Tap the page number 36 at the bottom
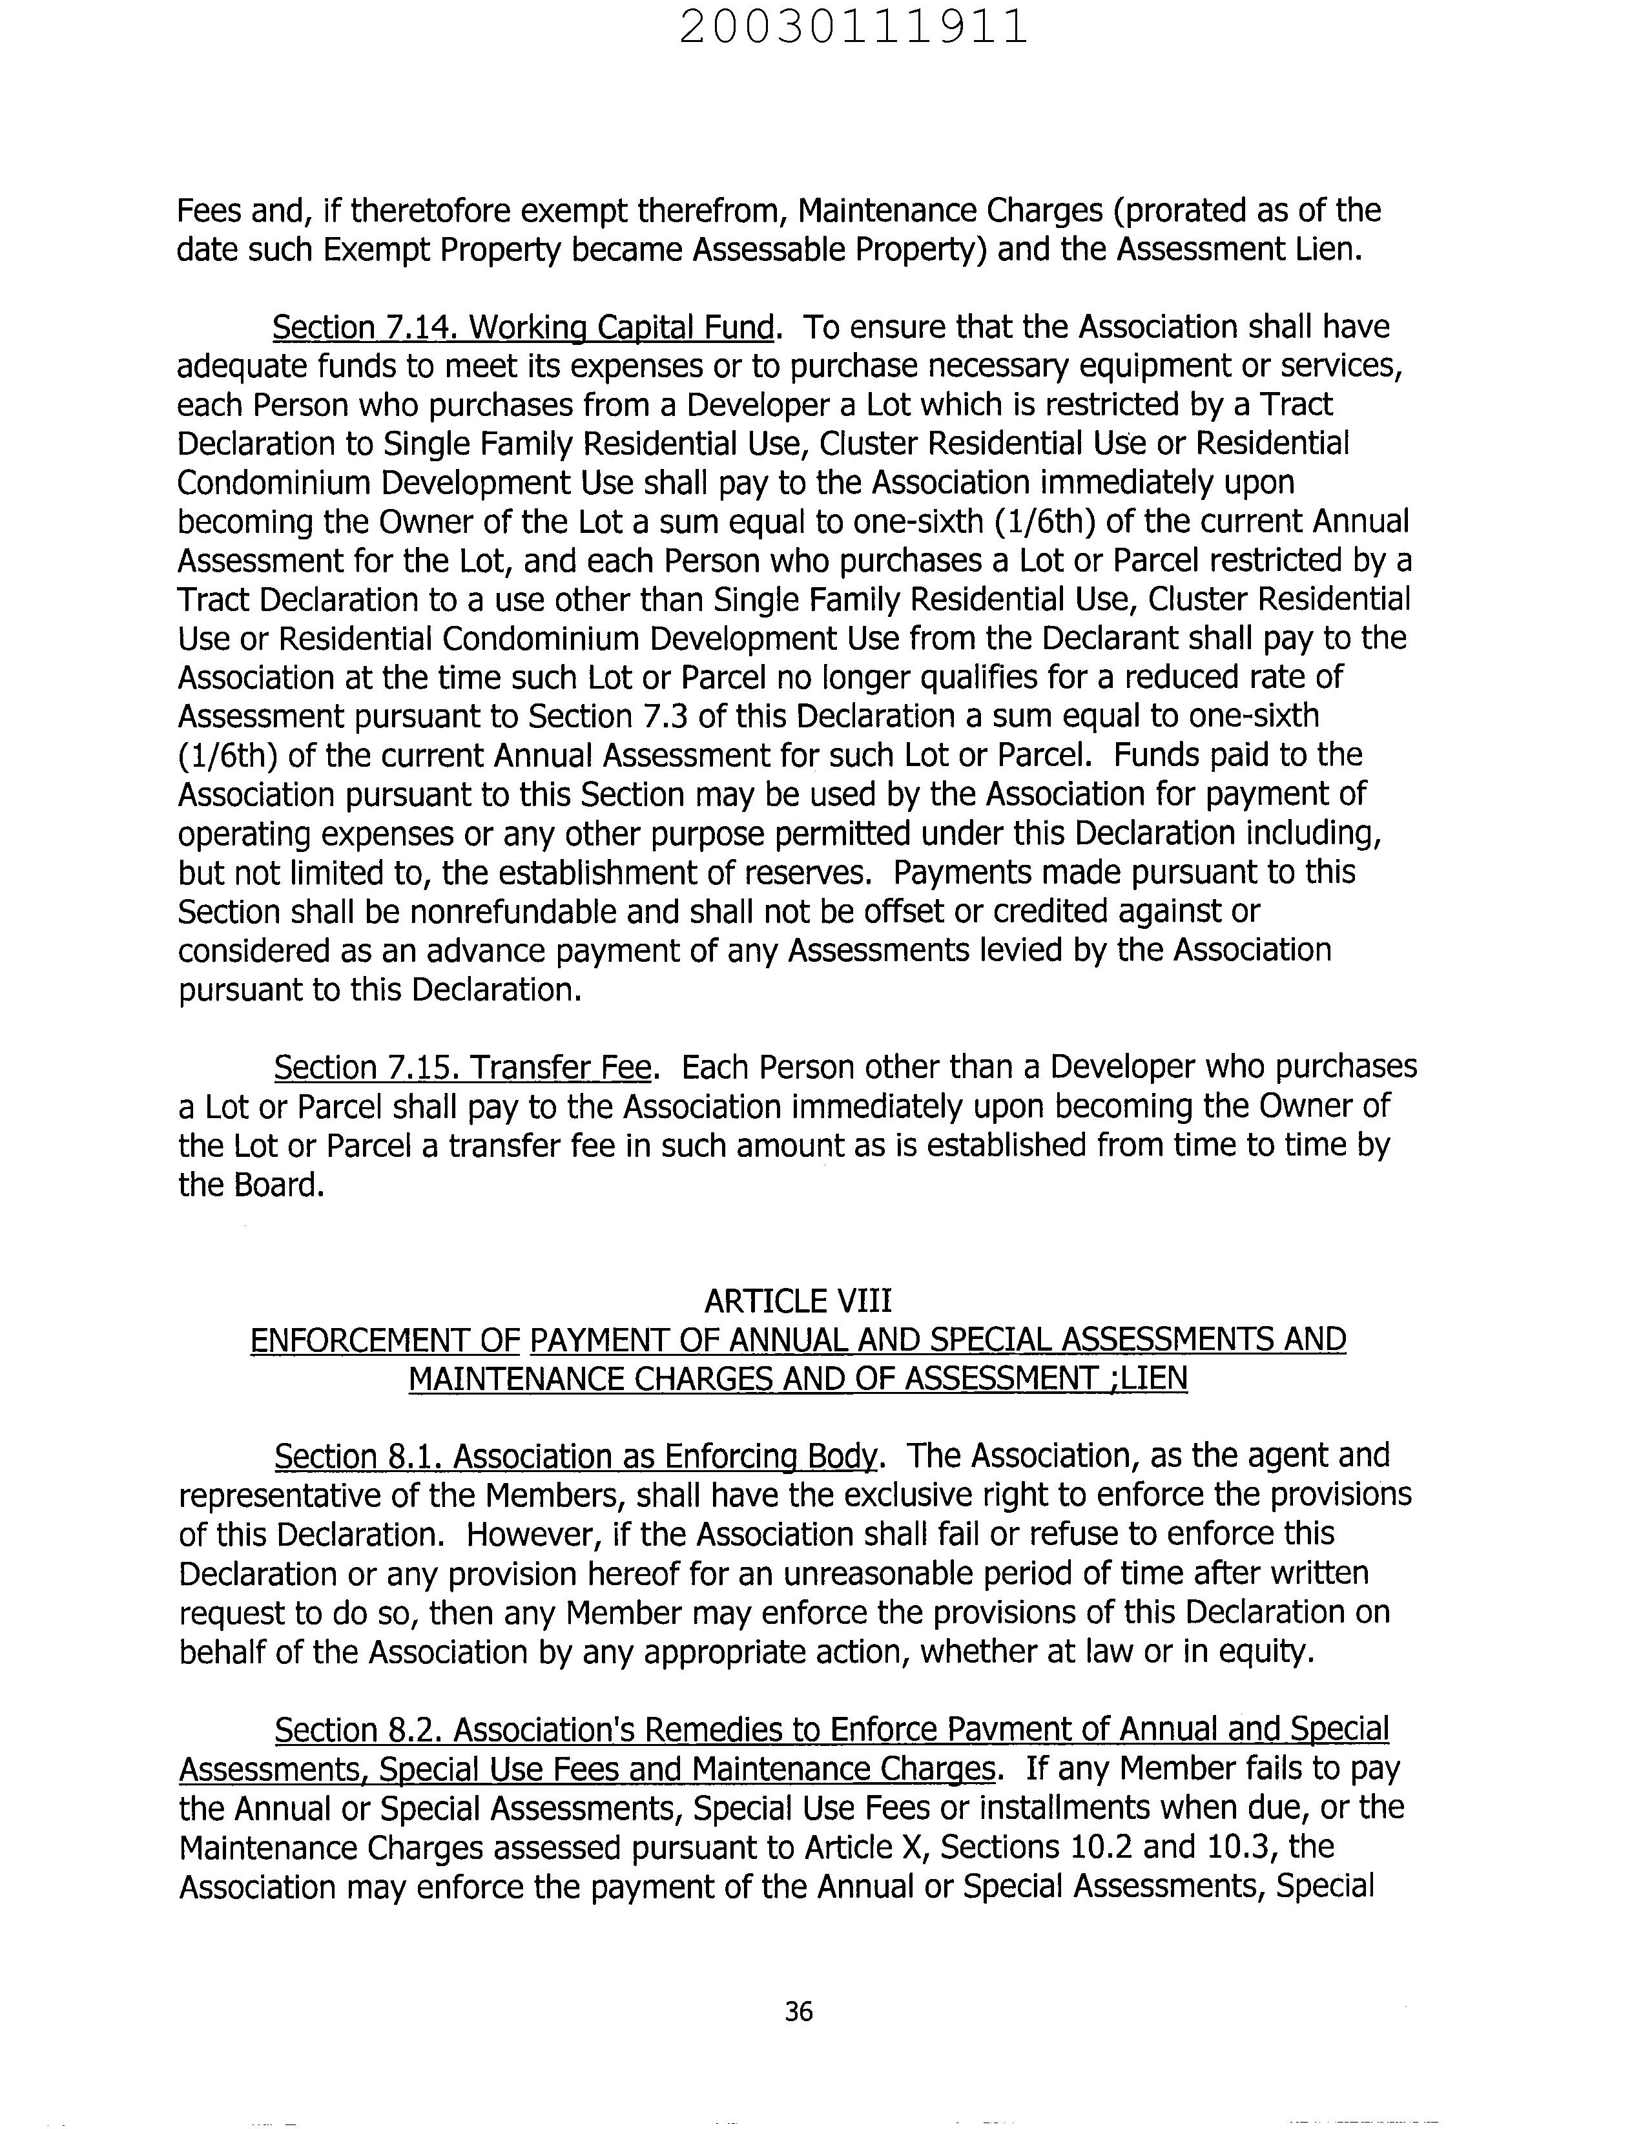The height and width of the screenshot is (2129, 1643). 798,2011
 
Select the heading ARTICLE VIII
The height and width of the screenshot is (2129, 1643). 797,1300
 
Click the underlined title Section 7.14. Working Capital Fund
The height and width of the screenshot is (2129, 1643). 524,327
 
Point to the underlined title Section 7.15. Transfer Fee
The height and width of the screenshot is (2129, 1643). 462,1068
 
